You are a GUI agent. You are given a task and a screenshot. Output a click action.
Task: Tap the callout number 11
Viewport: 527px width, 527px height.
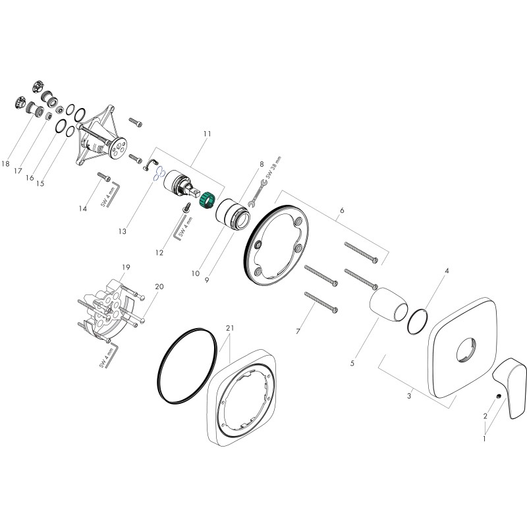pyautogui.click(x=208, y=134)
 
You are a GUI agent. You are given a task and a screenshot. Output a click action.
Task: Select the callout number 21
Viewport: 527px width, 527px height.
pyautogui.click(x=229, y=328)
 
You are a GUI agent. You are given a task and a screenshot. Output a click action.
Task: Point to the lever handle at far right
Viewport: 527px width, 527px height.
pyautogui.click(x=509, y=387)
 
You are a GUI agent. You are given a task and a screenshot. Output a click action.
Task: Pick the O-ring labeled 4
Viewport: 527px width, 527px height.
pyautogui.click(x=418, y=321)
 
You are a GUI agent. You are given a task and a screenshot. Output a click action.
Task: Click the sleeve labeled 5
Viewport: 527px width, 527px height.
pyautogui.click(x=389, y=305)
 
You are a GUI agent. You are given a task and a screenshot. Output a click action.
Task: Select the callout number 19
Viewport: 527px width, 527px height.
pyautogui.click(x=126, y=267)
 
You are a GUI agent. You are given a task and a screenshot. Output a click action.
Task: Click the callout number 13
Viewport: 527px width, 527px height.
pyautogui.click(x=123, y=231)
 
